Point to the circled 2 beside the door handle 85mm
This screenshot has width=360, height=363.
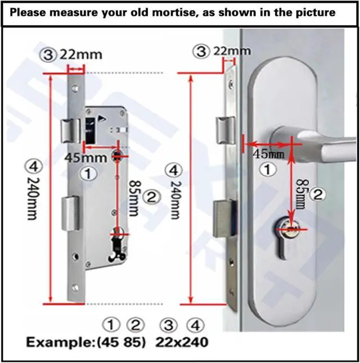pyautogui.click(x=318, y=195)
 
